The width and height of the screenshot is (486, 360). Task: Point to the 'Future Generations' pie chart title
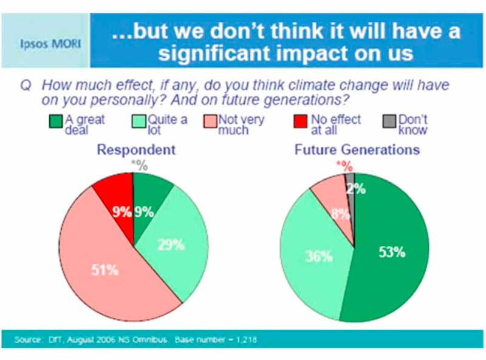(x=357, y=149)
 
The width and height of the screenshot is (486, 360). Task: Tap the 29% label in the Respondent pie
(x=171, y=245)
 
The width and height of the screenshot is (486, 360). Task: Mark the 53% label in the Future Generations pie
(x=392, y=252)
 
